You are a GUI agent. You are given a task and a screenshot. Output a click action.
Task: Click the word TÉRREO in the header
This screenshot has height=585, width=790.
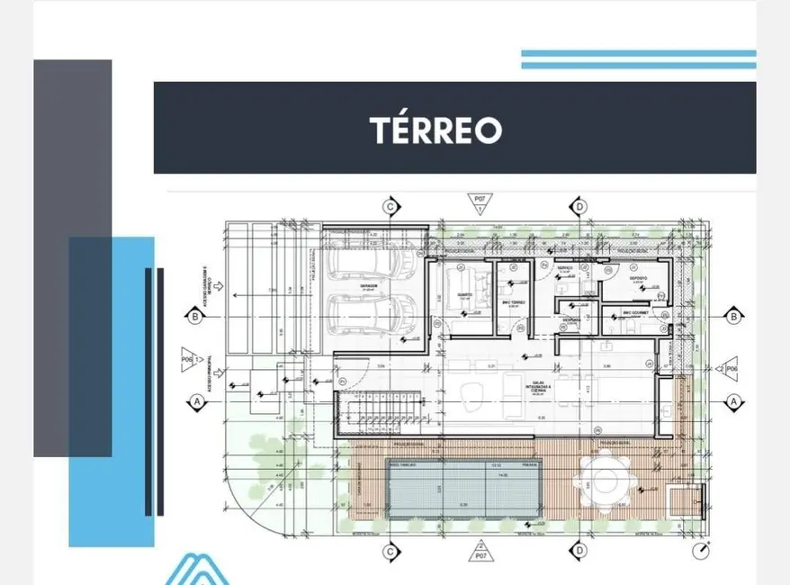435,130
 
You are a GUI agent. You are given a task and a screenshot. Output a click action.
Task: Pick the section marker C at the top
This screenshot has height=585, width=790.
391,207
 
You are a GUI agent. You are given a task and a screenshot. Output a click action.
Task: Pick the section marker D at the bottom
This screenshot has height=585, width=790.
580,551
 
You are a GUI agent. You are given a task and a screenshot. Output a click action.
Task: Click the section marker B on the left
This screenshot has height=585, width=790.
194,316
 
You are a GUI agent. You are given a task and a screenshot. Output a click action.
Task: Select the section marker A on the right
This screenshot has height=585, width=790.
733,401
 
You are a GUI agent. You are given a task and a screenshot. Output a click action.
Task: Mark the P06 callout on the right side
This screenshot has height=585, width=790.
725,368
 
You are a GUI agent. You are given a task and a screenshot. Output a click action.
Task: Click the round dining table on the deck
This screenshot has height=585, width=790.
601,478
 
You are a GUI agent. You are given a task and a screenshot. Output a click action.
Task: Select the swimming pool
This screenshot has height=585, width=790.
466,487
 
